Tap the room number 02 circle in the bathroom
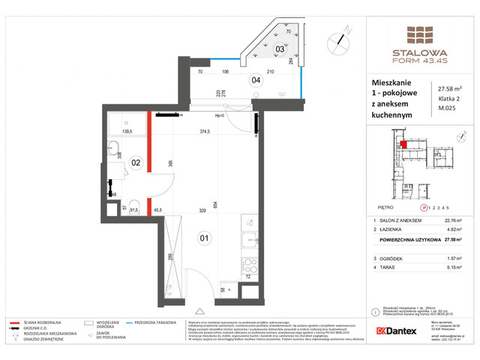[x=136, y=161]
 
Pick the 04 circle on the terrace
[x=255, y=79]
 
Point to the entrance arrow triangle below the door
[x=198, y=310]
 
